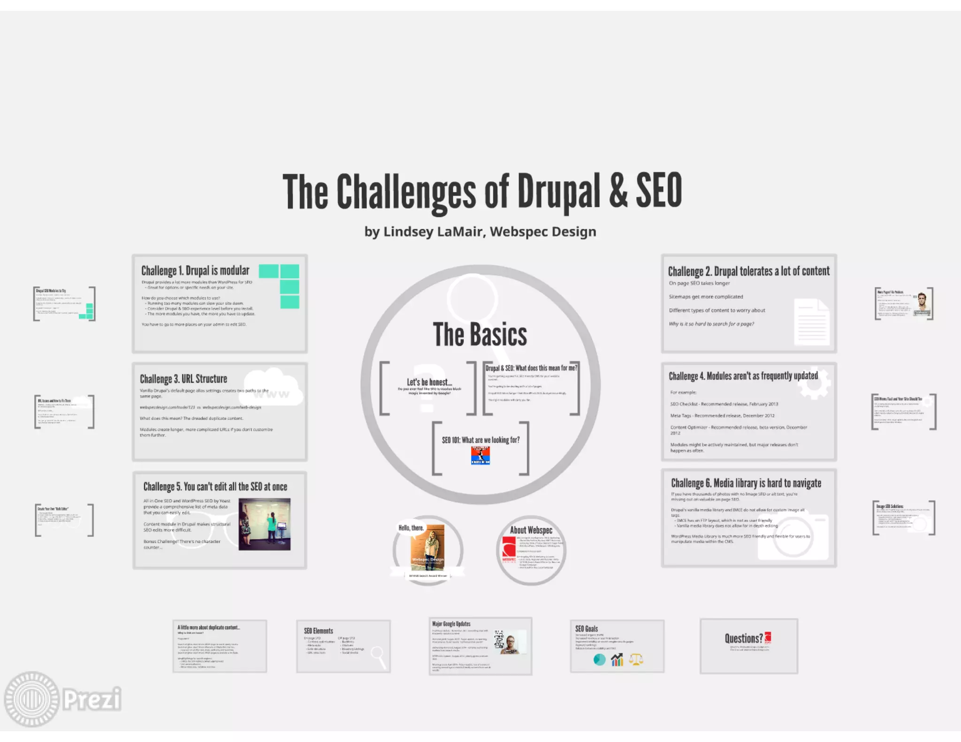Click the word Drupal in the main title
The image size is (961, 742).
[558, 191]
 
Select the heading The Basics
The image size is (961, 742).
[480, 334]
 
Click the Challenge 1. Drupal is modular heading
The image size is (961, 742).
[195, 271]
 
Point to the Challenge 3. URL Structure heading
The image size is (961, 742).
[183, 379]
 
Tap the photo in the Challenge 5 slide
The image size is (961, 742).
[264, 524]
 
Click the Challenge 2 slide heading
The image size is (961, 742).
[748, 271]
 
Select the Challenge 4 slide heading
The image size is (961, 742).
[743, 376]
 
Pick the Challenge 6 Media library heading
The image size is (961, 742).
[746, 483]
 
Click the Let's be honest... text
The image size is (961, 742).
[429, 382]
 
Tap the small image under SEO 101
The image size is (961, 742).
[480, 455]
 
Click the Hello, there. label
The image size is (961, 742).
[411, 528]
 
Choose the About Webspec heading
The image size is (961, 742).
[531, 530]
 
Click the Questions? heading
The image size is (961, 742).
[743, 638]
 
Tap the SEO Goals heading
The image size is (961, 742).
[587, 628]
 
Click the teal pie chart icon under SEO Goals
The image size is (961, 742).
[599, 659]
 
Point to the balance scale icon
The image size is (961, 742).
[636, 659]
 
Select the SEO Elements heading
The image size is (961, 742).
[318, 631]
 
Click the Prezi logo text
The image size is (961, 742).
[92, 699]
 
